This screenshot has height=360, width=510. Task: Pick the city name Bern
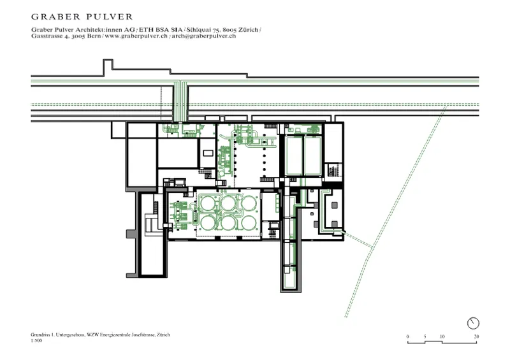pyautogui.click(x=92, y=37)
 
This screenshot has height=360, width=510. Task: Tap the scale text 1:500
pyautogui.click(x=36, y=342)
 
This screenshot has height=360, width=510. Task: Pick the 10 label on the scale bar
pyautogui.click(x=442, y=336)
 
